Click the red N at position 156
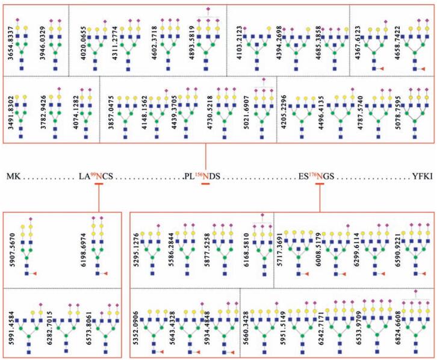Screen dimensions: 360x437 coord(206,176)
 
